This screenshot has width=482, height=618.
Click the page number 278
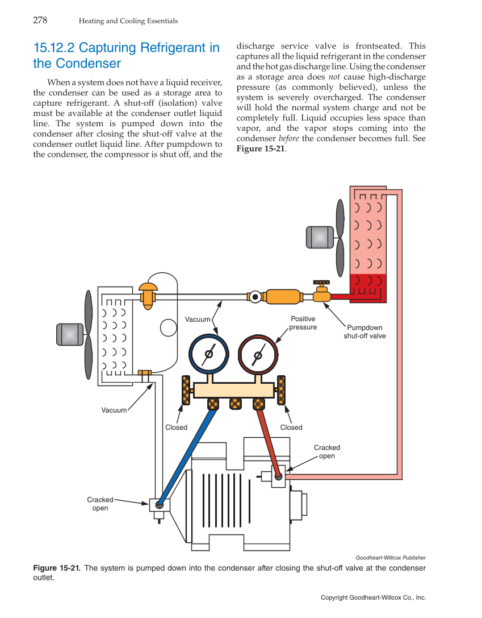[x=40, y=20]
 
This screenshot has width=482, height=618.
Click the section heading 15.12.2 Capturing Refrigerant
[x=126, y=55]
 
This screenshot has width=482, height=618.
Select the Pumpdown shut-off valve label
[x=364, y=332]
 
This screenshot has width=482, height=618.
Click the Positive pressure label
[x=303, y=323]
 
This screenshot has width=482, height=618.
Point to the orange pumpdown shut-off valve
[x=322, y=293]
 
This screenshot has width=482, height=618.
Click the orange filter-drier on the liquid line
[x=283, y=297]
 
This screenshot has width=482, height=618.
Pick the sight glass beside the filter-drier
[x=255, y=297]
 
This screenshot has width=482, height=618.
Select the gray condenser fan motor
[x=320, y=237]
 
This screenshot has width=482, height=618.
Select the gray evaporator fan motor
[x=70, y=334]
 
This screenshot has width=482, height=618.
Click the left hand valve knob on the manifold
[x=185, y=390]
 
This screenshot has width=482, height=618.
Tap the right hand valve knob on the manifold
[x=281, y=390]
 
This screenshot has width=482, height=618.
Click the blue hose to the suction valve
[x=187, y=455]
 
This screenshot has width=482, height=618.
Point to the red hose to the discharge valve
[x=268, y=443]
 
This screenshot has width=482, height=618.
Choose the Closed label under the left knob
[x=176, y=428]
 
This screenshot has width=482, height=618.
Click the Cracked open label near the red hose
[x=327, y=451]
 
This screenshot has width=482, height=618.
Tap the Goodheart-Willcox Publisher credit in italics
[x=391, y=557]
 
